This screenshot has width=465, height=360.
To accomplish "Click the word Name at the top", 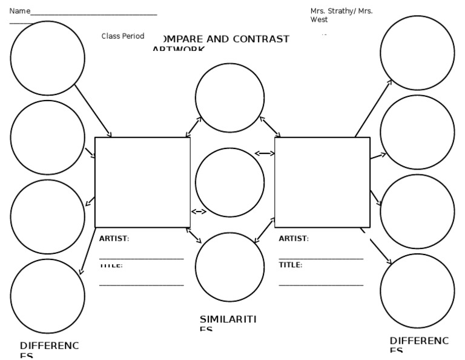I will [19, 11].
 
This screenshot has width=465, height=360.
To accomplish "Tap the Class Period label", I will [123, 36].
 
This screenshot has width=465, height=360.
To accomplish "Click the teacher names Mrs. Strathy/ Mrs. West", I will [341, 15].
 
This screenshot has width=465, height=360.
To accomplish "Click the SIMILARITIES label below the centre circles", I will [228, 319].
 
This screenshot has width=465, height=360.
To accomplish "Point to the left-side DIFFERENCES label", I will [49, 346].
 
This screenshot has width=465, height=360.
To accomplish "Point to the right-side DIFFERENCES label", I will [419, 341].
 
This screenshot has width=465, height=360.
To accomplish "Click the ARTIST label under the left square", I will [114, 238].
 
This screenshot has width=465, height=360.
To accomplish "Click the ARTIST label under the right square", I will [294, 238].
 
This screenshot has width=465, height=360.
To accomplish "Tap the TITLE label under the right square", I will [291, 265].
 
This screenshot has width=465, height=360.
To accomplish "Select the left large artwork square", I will [142, 182].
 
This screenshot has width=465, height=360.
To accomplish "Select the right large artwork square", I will [322, 182].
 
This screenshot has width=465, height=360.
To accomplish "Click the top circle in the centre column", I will [230, 98].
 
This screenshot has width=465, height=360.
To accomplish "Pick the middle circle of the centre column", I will [230, 182].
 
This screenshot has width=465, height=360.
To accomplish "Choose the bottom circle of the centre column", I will [230, 267].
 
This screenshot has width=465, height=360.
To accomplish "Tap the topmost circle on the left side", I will [48, 58].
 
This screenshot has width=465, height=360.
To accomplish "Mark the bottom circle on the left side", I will [48, 296].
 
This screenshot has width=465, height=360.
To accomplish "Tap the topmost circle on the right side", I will [417, 53].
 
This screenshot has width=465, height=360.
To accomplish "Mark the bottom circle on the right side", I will [417, 291].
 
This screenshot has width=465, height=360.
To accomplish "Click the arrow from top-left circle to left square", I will [93, 111].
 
